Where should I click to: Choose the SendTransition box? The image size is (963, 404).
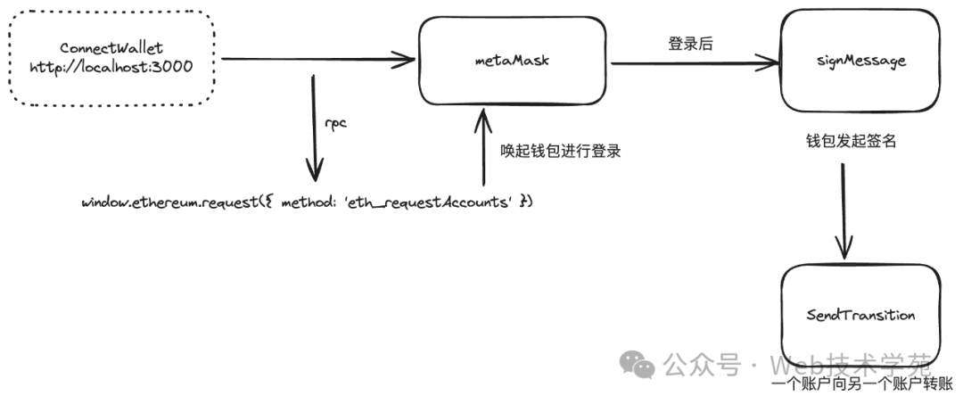click(860, 315)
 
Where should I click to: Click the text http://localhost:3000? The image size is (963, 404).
click(111, 68)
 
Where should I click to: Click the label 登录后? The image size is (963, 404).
click(690, 44)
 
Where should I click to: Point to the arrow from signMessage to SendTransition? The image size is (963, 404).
click(844, 210)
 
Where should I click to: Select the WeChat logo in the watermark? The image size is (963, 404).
click(638, 362)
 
